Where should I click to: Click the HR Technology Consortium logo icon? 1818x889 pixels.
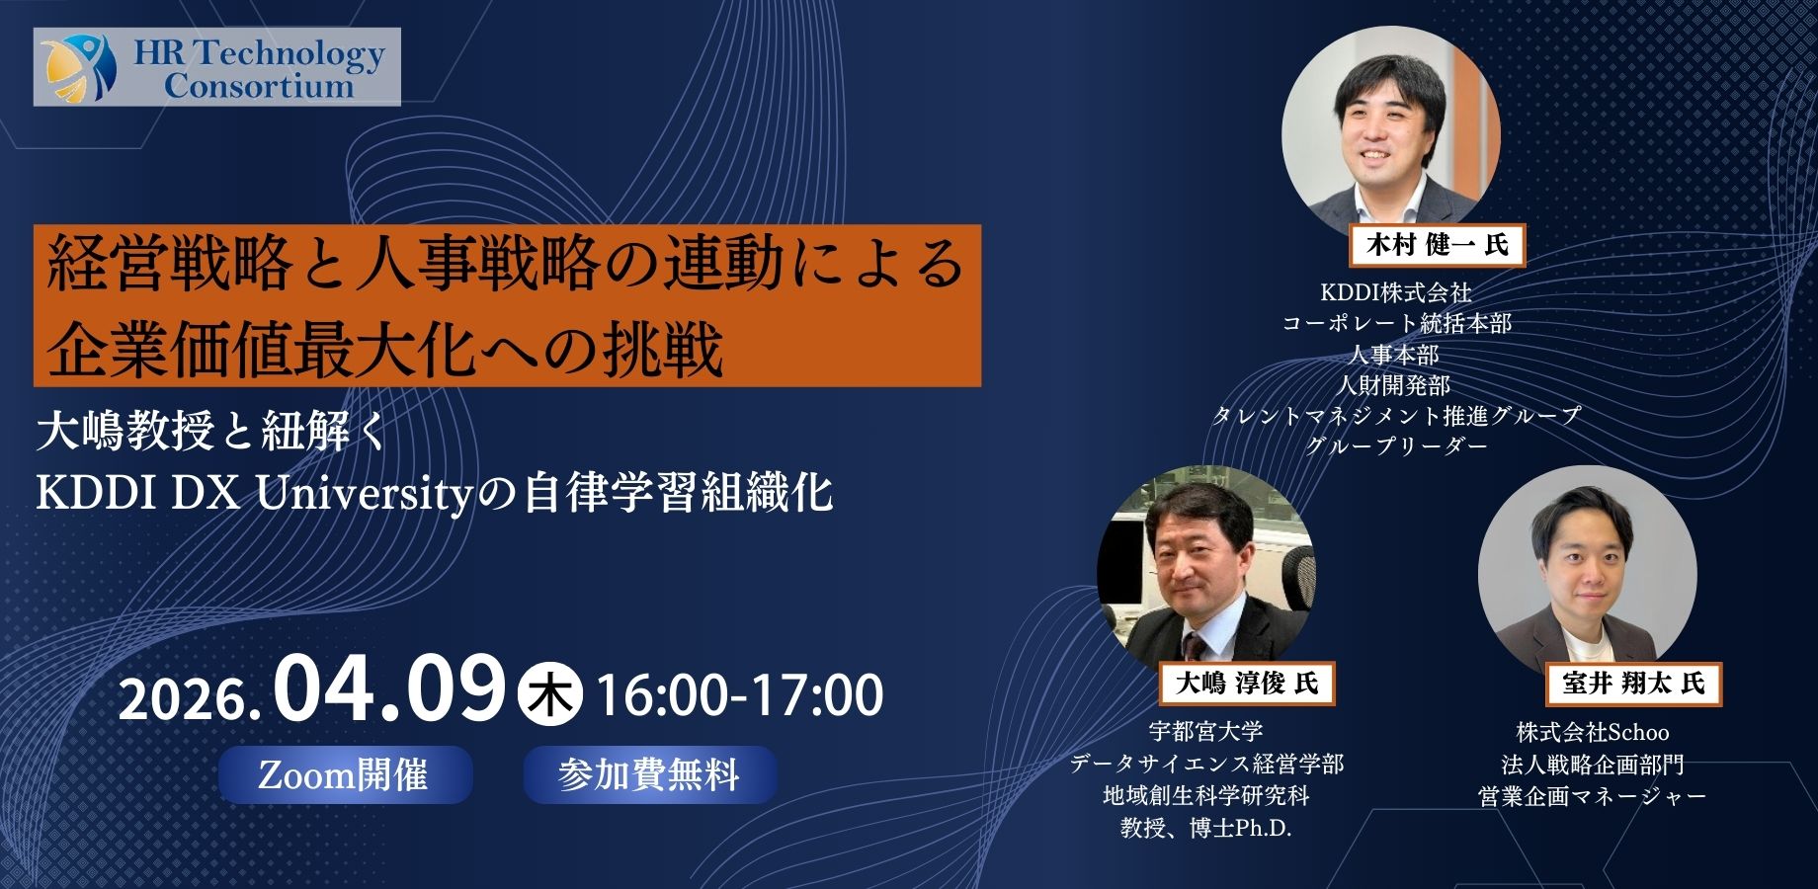80,66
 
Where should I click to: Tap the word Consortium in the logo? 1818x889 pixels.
259,85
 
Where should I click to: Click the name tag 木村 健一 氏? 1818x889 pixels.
1437,245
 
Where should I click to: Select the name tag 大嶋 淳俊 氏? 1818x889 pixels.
1246,683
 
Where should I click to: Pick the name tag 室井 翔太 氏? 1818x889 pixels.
1634,684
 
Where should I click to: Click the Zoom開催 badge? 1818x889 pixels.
345,774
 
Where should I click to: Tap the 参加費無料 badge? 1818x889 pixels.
649,774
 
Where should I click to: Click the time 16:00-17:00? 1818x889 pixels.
740,695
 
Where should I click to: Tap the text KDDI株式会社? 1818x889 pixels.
1396,292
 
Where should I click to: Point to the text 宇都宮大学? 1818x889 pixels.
1206,732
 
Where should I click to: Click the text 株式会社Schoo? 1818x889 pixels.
1593,733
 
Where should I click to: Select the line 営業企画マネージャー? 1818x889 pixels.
1593,796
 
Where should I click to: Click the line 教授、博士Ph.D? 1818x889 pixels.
1206,828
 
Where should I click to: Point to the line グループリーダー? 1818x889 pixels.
1396,446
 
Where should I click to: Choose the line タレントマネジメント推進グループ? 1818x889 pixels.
1396,416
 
